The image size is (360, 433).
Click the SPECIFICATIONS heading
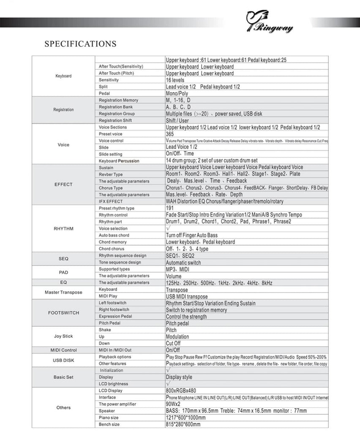pyautogui.click(x=80, y=44)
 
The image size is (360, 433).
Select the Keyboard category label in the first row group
pyautogui.click(x=63, y=76)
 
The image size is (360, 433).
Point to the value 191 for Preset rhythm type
pyautogui.click(x=170, y=208)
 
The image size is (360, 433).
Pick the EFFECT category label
pyautogui.click(x=63, y=184)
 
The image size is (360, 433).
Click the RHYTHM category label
pyautogui.click(x=63, y=229)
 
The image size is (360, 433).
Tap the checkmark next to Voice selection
pyautogui.click(x=168, y=228)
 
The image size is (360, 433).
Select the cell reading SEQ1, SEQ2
pyautogui.click(x=180, y=256)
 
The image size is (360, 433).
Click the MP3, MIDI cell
pyautogui.click(x=177, y=269)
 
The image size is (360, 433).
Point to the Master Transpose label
pyautogui.click(x=63, y=293)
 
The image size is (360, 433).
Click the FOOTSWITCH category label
pyautogui.click(x=63, y=313)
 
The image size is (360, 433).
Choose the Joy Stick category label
pyautogui.click(x=63, y=337)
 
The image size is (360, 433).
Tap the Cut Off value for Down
pyautogui.click(x=173, y=343)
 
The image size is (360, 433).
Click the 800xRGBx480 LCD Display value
pyautogui.click(x=181, y=391)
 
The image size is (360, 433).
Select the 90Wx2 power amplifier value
pyautogui.click(x=173, y=404)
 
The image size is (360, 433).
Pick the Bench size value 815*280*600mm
pyautogui.click(x=183, y=425)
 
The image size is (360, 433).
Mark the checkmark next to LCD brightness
pyautogui.click(x=168, y=384)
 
